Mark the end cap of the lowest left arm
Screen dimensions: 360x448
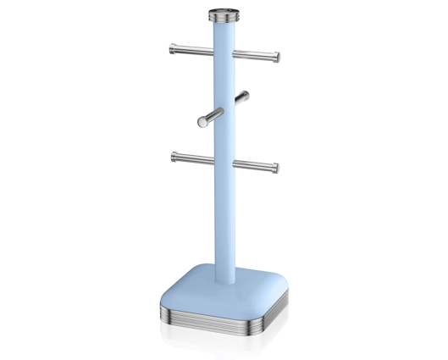[x=174, y=156]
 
